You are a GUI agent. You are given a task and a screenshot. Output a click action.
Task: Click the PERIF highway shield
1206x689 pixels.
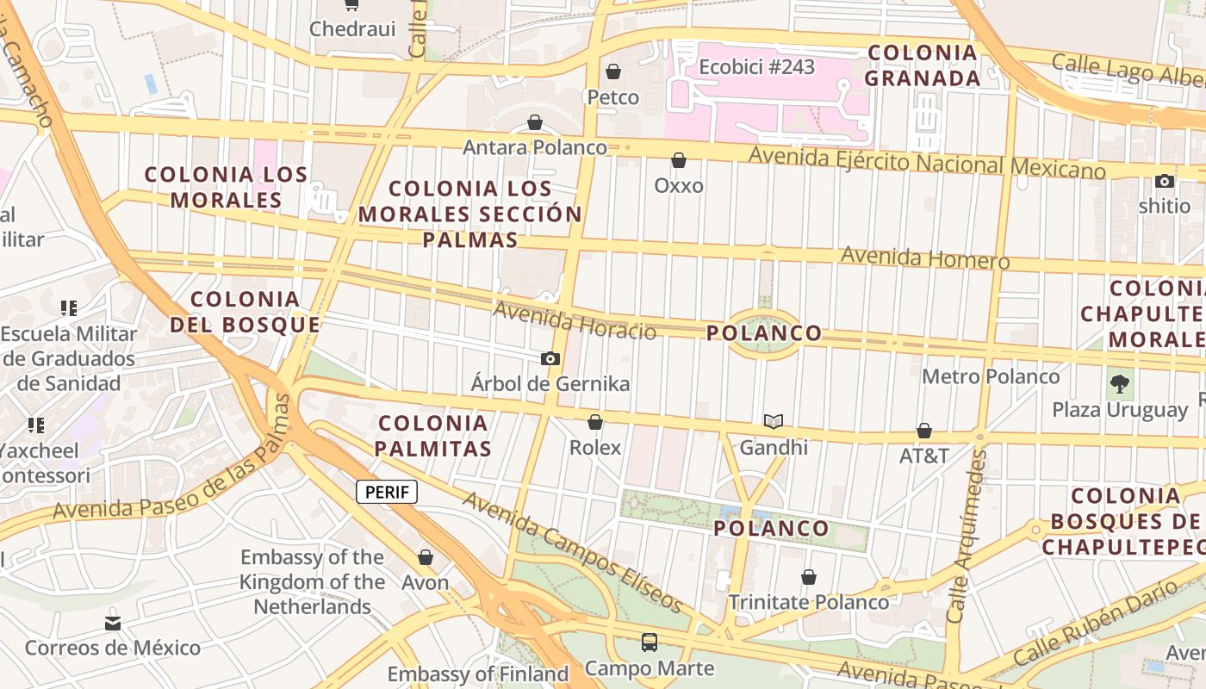tap(387, 492)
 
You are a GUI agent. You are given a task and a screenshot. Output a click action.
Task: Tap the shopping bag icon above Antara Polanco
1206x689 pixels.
tap(535, 122)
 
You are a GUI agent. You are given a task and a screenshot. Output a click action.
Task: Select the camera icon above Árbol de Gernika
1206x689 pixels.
tap(550, 358)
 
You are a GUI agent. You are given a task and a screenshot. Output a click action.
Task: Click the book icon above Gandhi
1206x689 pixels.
tap(774, 421)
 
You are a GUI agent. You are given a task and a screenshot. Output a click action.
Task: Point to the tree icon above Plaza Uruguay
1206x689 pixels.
tap(1120, 384)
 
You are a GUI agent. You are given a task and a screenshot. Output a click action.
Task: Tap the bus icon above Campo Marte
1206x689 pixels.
tap(650, 642)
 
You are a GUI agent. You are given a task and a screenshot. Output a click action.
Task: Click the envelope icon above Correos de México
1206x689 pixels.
tap(113, 623)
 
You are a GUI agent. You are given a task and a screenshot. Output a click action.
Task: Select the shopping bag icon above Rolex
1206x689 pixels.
tap(594, 422)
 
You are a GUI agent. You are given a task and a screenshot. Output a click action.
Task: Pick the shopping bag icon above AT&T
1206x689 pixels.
tap(924, 431)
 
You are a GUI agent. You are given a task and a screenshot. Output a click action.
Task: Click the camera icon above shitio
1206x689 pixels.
tap(1165, 181)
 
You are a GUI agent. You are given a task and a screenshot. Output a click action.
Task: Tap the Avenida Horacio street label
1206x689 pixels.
tap(575, 320)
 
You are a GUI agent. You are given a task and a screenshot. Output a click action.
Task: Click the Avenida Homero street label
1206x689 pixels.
tap(924, 258)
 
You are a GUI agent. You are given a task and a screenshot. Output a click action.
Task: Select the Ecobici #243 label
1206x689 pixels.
tap(756, 66)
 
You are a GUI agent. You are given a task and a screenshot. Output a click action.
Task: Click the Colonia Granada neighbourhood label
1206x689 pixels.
tap(923, 65)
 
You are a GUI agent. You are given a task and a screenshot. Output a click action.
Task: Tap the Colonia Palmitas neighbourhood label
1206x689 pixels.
tap(433, 436)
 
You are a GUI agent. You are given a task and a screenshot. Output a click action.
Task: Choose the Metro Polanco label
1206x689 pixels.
tap(991, 376)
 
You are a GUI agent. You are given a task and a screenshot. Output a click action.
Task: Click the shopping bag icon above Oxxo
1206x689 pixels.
tap(679, 160)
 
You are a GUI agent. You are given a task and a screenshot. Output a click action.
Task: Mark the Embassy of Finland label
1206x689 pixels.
tap(478, 673)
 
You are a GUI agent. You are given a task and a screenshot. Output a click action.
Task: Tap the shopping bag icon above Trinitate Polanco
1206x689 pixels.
tap(808, 577)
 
